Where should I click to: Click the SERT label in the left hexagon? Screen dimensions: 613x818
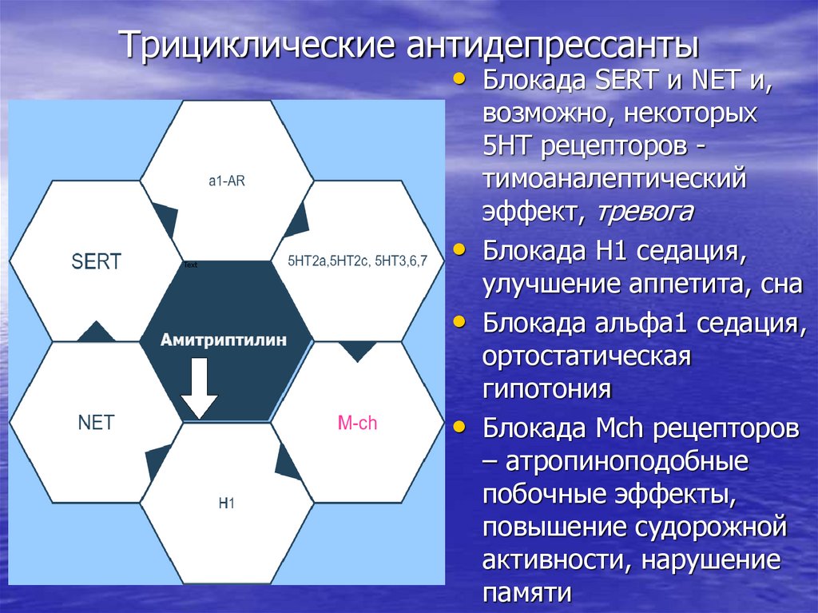(96, 261)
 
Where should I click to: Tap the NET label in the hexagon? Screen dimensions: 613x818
(96, 422)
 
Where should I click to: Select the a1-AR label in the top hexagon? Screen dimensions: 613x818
(227, 181)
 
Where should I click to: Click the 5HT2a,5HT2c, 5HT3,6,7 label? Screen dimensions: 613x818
(356, 261)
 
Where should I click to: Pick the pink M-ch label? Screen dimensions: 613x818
(357, 423)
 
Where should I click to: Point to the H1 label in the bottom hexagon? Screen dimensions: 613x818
(226, 504)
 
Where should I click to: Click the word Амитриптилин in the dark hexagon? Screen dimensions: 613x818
(224, 340)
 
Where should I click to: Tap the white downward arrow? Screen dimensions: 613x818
(199, 389)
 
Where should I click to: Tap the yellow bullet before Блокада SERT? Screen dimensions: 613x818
(459, 78)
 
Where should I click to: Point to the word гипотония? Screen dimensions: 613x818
(546, 390)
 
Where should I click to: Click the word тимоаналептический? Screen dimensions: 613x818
(613, 178)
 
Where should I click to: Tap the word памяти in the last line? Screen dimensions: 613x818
(527, 592)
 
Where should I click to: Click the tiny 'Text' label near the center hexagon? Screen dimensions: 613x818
(190, 265)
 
